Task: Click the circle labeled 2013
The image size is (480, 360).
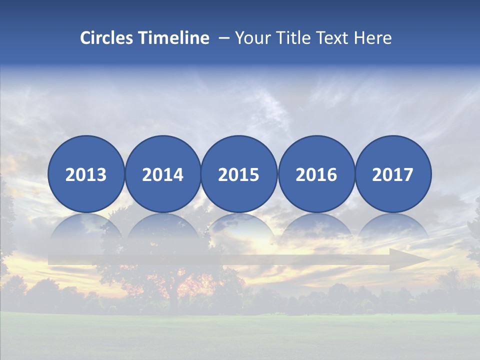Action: click(86, 174)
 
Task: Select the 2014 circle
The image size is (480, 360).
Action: click(162, 174)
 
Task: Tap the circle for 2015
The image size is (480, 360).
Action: click(239, 174)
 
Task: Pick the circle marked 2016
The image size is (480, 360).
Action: click(316, 174)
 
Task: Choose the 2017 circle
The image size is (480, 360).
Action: click(393, 174)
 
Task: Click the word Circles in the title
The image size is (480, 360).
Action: click(107, 38)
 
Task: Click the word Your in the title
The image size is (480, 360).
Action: click(251, 38)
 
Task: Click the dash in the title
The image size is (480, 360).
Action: click(224, 38)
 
